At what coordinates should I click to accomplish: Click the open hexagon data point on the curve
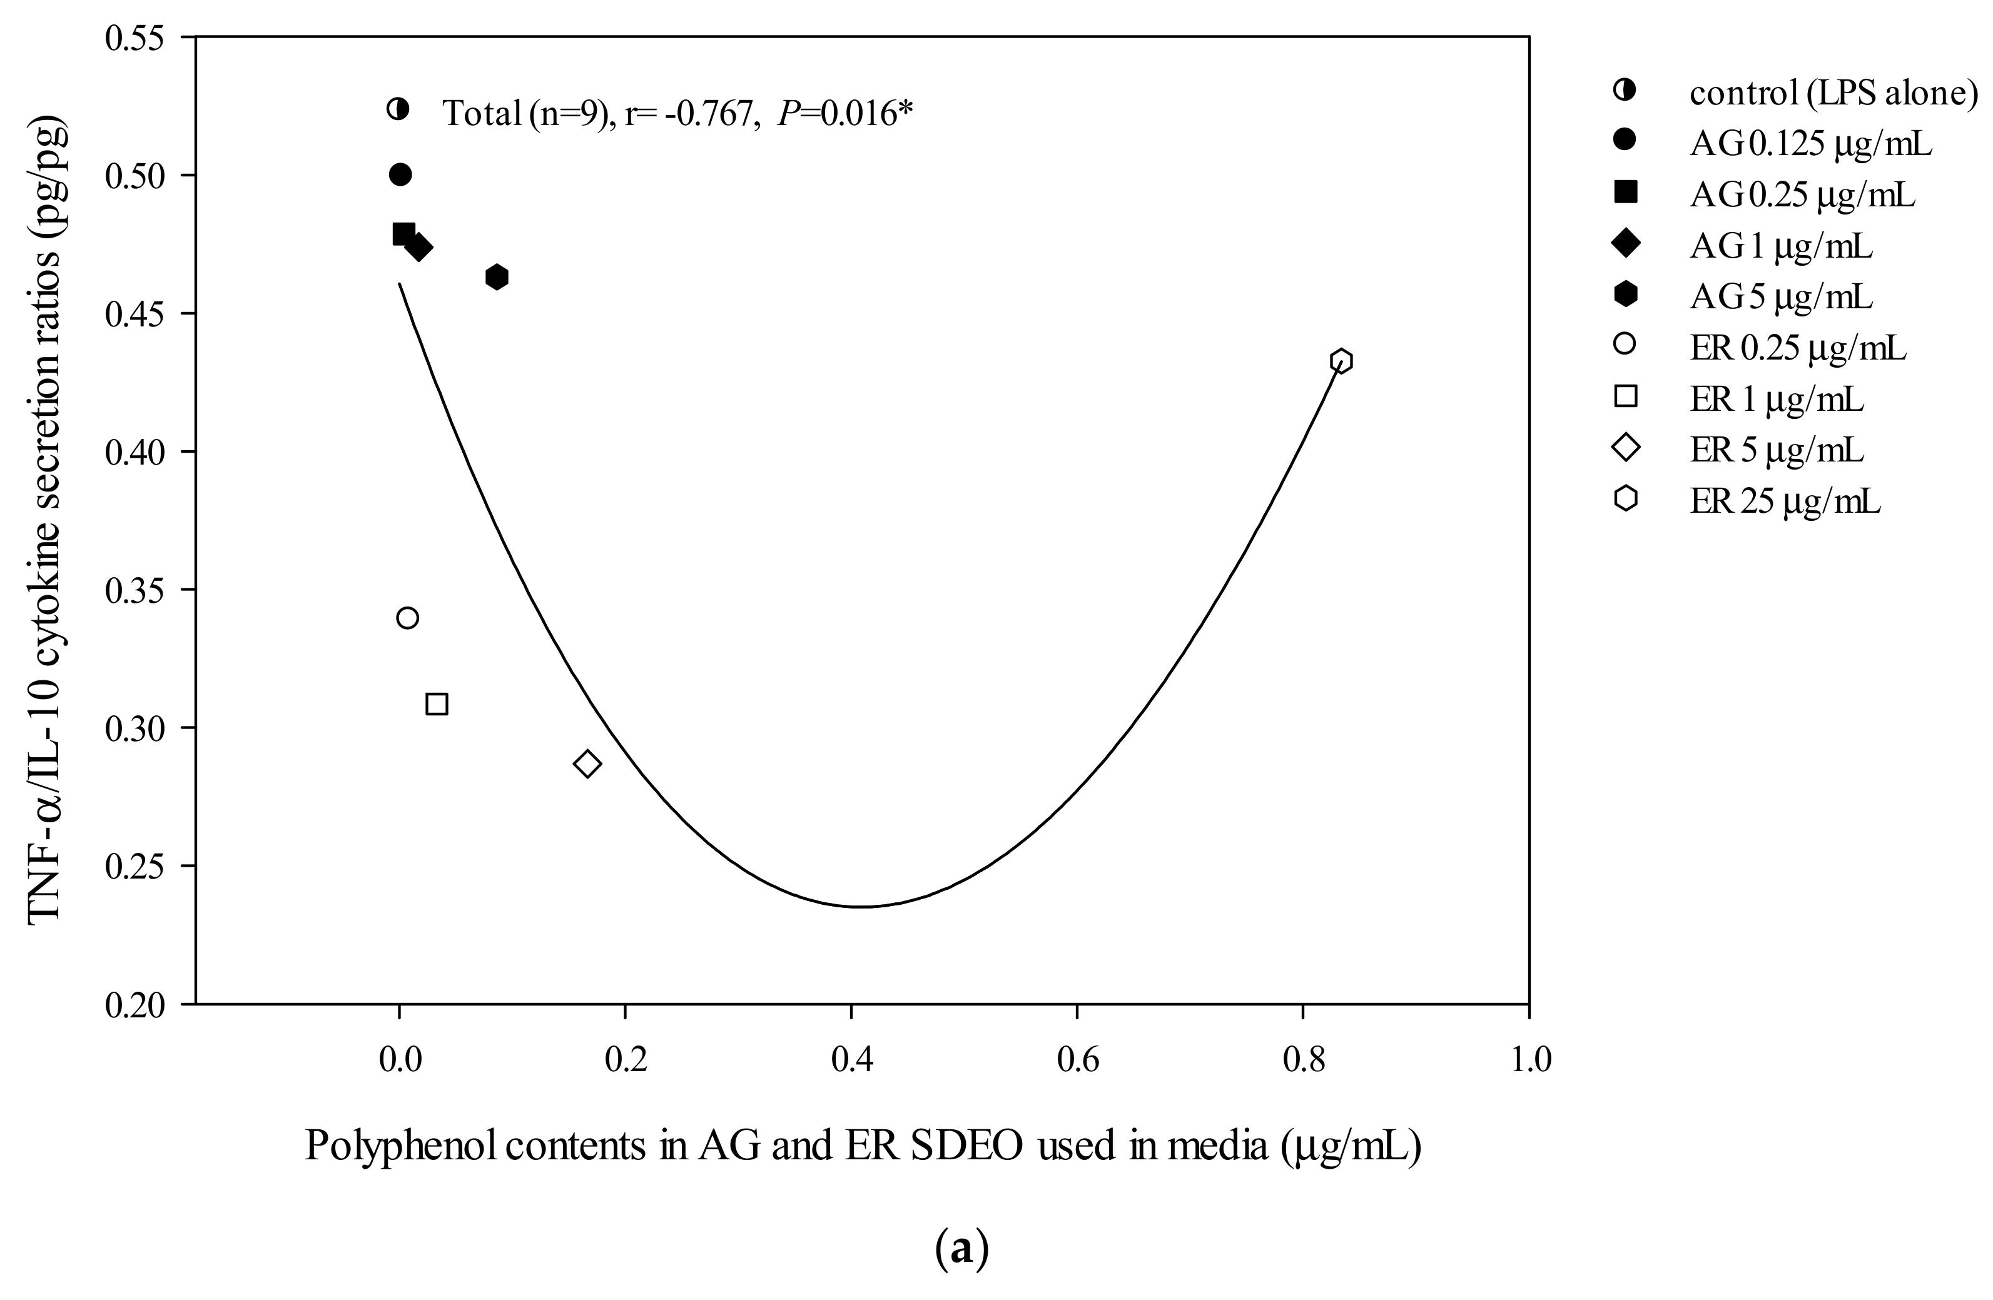point(1341,361)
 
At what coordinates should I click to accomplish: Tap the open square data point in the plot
point(436,704)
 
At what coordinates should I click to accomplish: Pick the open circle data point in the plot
point(407,618)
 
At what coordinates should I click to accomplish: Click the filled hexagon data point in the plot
point(497,276)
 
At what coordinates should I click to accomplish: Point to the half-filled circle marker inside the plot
point(398,109)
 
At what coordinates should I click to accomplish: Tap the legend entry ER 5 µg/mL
point(1776,450)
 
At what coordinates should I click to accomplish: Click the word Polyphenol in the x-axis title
point(403,1146)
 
